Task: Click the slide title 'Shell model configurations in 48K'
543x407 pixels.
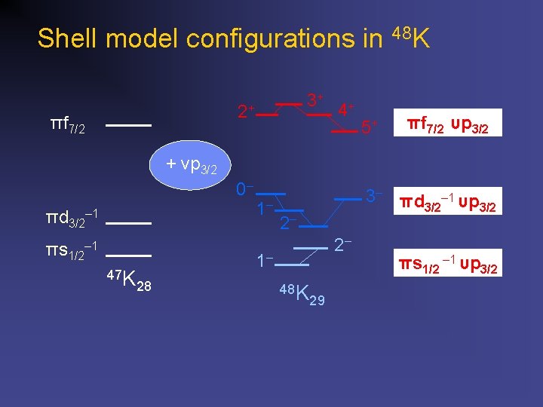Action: pos(234,38)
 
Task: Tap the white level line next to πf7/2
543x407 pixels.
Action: pos(128,124)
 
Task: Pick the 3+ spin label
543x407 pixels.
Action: pos(315,99)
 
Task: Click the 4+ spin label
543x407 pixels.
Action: pos(347,109)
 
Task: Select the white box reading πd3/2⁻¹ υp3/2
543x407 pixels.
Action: pos(447,203)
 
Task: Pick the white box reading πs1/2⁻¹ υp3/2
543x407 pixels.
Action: pos(447,265)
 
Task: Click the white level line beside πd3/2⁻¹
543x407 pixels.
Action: pos(129,224)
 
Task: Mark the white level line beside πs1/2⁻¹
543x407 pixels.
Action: pos(129,256)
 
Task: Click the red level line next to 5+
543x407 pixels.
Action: pos(344,131)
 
